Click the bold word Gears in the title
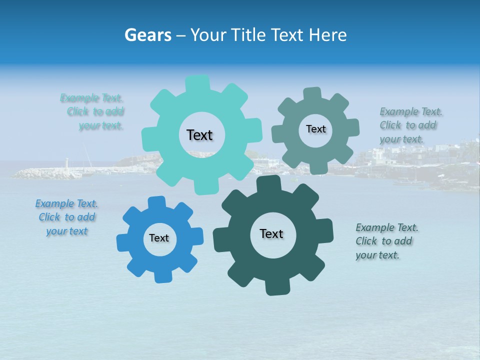point(147,35)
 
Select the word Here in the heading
point(328,35)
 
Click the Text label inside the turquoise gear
point(199,135)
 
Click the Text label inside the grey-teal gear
point(315,129)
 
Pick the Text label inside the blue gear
point(159,238)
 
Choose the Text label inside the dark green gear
point(271,233)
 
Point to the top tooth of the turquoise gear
point(198,82)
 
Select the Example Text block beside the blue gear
point(66,217)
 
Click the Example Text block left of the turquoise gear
point(95,111)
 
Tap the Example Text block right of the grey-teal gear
point(410,125)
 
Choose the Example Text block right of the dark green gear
point(386,241)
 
